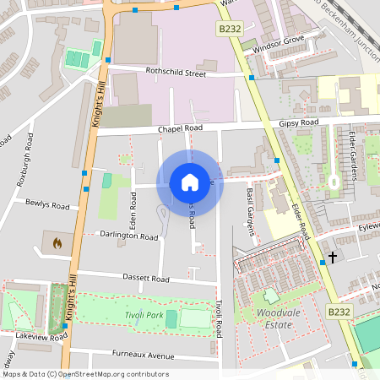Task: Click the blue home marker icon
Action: [x=189, y=182]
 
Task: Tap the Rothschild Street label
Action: [x=176, y=73]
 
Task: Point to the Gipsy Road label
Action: [x=298, y=122]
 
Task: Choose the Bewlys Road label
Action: [x=47, y=205]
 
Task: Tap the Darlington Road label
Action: [x=128, y=237]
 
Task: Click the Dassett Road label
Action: [x=122, y=278]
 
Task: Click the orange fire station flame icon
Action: [x=57, y=243]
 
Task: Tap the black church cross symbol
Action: [x=333, y=257]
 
